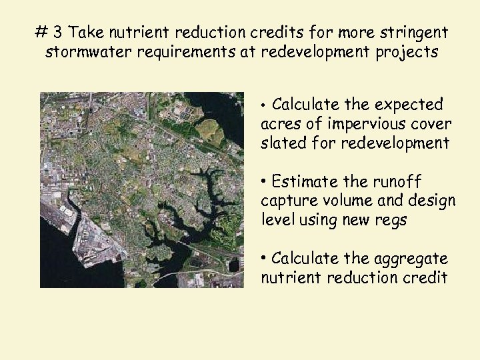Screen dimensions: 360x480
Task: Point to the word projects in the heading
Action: click(408, 53)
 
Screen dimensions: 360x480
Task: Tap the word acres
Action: click(279, 123)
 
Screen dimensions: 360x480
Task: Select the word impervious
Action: click(351, 123)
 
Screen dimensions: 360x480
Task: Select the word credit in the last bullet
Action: click(427, 277)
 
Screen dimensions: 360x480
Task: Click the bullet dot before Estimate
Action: click(265, 181)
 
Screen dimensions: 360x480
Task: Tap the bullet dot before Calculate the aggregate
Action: click(265, 258)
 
